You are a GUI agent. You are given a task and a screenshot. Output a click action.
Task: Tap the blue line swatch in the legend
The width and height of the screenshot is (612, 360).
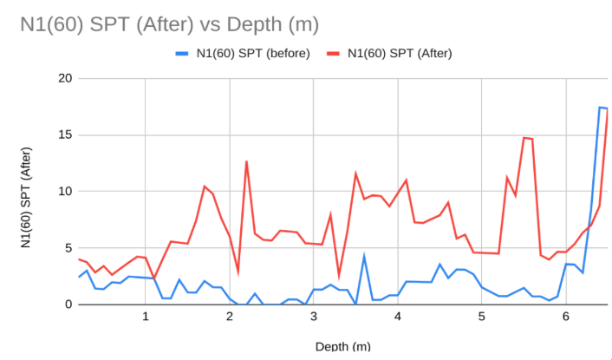[x=183, y=53]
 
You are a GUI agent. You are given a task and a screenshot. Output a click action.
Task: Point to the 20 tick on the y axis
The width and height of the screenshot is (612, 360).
[x=65, y=79]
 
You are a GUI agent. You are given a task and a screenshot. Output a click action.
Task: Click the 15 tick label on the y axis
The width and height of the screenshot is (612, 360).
[x=65, y=135]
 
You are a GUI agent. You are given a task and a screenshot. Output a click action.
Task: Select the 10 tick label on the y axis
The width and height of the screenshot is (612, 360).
[x=65, y=192]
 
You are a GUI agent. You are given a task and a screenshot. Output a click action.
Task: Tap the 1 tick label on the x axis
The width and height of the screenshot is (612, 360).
[x=145, y=317]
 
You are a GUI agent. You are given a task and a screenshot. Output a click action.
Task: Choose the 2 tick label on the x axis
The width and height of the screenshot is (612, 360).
[x=229, y=317]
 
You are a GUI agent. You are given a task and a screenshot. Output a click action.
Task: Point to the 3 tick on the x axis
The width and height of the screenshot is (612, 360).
[x=313, y=317]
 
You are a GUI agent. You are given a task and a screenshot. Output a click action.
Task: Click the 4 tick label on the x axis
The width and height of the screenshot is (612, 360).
[x=397, y=317]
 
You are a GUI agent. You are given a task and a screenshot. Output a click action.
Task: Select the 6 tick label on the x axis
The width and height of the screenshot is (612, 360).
[x=565, y=317]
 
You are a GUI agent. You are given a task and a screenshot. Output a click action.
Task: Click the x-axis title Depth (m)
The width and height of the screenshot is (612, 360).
[x=342, y=345]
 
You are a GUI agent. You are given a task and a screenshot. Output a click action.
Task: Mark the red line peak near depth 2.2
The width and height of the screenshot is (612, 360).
[x=246, y=161]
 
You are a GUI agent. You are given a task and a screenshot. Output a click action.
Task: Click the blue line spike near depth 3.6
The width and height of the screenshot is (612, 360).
[x=364, y=257]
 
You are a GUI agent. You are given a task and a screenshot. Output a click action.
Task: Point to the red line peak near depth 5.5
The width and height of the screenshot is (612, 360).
[x=524, y=138]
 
